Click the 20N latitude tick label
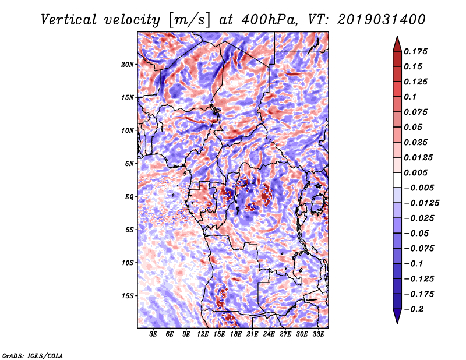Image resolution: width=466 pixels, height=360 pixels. tap(128, 64)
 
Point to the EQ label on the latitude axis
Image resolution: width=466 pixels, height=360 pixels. tap(129, 197)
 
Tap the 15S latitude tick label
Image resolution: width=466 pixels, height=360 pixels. tap(128, 296)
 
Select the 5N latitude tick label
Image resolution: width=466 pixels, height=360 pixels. tap(129, 164)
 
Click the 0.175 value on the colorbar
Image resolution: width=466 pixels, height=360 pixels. tap(416, 51)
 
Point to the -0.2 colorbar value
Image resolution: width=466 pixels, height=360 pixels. tap(415, 309)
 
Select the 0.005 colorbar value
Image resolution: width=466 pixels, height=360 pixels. tap(416, 172)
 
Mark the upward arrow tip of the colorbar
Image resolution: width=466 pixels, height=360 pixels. tap(397, 38)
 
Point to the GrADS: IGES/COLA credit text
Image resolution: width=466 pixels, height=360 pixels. tap(32, 355)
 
